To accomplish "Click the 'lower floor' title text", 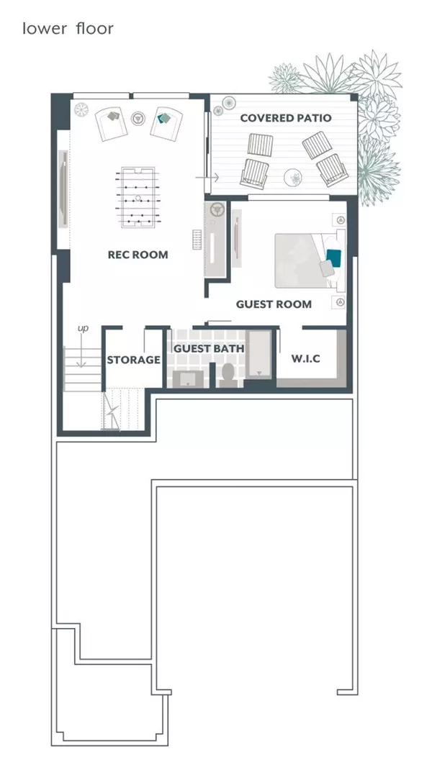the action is (68, 29).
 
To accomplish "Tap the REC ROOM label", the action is (138, 255).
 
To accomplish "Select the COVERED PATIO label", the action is (286, 118).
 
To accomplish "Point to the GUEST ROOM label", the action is (274, 304).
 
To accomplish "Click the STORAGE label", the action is (134, 360).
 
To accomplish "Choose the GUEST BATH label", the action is (209, 348).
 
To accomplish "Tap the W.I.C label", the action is (305, 358).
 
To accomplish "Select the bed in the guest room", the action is (310, 260).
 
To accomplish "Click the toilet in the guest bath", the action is (228, 375).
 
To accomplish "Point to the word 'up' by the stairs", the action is (83, 329).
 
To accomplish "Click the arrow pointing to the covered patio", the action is (206, 177).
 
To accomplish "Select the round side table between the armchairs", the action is (138, 118).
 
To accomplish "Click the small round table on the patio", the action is (293, 176).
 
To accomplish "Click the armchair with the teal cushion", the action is (166, 123).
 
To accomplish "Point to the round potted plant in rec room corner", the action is (81, 109).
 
